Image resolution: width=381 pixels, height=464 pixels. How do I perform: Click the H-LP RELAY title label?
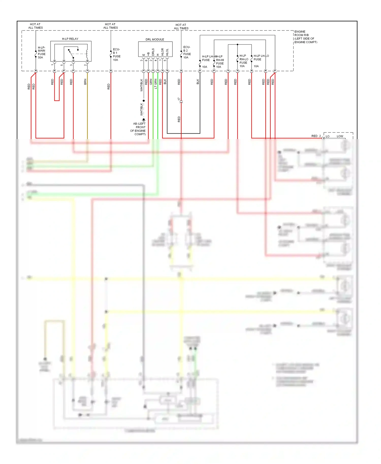tap(70, 39)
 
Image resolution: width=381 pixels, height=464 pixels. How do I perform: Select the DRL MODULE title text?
tap(155, 39)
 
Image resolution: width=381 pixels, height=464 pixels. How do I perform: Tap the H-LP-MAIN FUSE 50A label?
tap(41, 53)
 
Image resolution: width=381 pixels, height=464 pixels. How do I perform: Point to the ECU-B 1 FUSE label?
tap(117, 55)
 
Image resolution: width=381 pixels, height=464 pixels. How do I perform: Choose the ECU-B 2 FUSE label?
tap(187, 52)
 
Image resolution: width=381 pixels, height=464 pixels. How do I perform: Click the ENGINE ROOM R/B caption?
tap(306, 37)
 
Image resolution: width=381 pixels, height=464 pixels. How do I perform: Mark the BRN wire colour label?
tap(85, 81)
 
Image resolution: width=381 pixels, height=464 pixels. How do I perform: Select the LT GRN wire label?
tap(156, 84)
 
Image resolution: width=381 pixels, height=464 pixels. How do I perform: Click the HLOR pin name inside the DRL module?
tap(163, 52)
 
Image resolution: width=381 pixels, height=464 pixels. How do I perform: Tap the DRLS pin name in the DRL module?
tap(153, 52)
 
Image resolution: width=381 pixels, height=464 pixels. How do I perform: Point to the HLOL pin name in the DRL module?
tap(167, 52)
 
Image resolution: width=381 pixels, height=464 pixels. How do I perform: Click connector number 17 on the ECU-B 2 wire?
tap(179, 99)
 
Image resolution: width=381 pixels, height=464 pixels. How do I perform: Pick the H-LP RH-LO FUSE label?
tap(244, 61)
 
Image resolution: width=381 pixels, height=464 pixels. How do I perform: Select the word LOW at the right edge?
tap(340, 136)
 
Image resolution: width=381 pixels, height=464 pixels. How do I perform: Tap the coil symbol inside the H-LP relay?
tap(87, 54)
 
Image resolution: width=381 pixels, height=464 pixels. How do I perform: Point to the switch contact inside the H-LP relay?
tap(71, 53)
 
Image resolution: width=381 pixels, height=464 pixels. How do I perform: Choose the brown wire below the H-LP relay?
tap(87, 107)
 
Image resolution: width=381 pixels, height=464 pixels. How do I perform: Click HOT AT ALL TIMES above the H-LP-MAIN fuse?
tap(35, 26)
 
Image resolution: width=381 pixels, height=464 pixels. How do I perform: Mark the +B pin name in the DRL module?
tap(148, 54)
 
